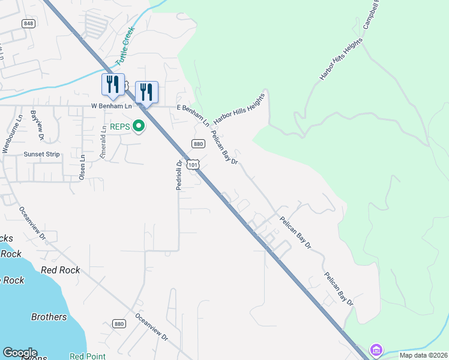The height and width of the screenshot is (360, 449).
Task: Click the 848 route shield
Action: point(28,23)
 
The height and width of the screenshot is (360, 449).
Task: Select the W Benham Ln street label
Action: point(111,106)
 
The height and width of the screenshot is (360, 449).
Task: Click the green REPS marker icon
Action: point(139,126)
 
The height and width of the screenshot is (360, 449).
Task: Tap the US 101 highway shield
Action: point(193,164)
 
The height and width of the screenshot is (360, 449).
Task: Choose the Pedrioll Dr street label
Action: point(179,175)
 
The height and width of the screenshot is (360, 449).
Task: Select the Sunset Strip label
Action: point(41,154)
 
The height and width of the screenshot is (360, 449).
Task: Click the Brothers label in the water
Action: point(49,317)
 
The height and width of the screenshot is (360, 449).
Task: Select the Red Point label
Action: point(88,356)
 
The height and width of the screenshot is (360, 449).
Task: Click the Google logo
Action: point(20,353)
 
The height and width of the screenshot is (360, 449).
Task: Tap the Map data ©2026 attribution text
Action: point(423,355)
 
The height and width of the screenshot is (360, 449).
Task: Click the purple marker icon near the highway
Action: point(376,349)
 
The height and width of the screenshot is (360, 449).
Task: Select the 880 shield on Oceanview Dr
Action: point(119,323)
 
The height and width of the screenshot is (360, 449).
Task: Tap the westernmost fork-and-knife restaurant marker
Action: point(113,85)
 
